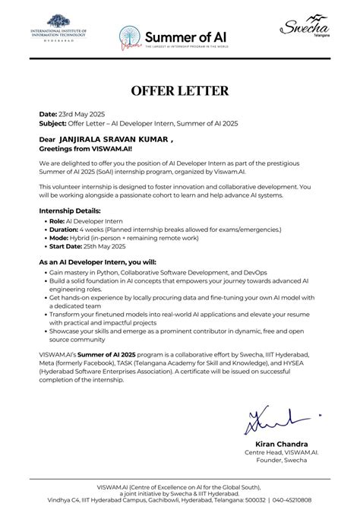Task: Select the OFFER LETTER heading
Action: click(x=180, y=90)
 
